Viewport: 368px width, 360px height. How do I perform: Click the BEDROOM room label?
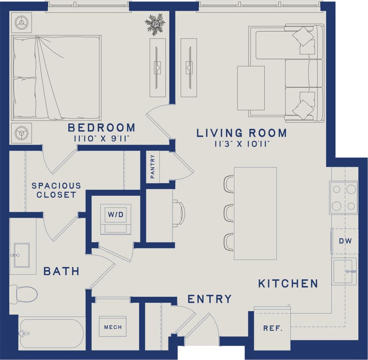click(102, 128)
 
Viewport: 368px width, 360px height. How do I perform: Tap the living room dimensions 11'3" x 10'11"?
click(242, 144)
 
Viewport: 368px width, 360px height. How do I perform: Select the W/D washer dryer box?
click(116, 215)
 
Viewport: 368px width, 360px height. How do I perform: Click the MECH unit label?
click(113, 327)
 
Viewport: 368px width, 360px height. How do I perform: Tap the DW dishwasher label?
click(345, 241)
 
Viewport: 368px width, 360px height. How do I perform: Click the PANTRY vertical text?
click(153, 167)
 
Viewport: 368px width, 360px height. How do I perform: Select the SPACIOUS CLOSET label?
click(56, 190)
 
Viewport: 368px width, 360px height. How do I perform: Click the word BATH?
click(62, 271)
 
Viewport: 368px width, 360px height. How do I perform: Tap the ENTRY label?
click(210, 299)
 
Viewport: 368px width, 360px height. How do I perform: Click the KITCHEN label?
click(288, 283)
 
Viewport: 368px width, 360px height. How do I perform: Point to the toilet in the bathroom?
click(24, 293)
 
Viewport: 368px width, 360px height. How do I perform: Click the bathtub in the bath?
click(51, 333)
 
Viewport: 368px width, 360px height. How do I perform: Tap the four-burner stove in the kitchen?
click(344, 197)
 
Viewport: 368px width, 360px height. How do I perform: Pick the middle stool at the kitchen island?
click(229, 213)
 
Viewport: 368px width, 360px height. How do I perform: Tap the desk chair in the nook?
click(179, 213)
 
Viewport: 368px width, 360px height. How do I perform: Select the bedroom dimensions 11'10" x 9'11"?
click(102, 138)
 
